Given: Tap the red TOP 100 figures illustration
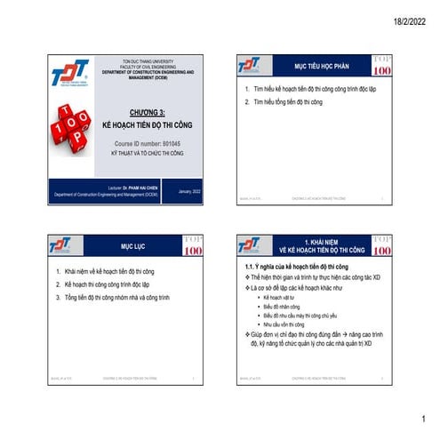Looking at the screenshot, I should coord(76,131).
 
